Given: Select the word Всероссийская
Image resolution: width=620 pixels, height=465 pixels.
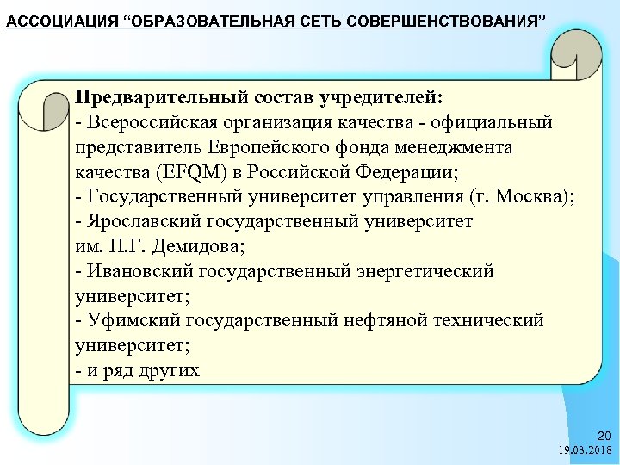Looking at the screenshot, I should coord(145,122).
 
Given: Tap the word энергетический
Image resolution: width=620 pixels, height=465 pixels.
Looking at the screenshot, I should coord(423,271).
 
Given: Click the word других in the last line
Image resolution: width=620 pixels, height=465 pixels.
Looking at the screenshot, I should coord(169,370).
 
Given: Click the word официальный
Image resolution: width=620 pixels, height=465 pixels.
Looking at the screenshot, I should coord(496,122).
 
